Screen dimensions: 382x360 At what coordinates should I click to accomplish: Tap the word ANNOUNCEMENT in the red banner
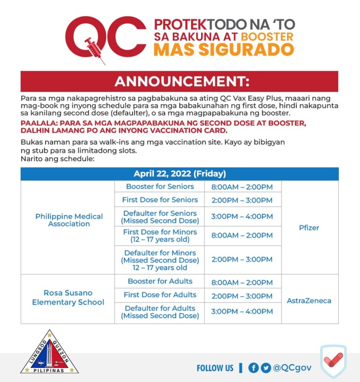(x=182, y=81)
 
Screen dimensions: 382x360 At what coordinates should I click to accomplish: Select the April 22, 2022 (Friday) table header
(x=179, y=174)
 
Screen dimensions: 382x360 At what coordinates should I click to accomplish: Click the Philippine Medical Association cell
(x=69, y=220)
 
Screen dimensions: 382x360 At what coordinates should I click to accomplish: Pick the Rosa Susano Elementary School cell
(x=68, y=297)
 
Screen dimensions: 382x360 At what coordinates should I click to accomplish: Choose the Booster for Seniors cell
(x=160, y=187)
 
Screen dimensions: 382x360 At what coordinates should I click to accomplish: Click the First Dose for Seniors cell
(x=160, y=200)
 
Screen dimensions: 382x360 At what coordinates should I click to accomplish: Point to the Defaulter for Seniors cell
(x=160, y=217)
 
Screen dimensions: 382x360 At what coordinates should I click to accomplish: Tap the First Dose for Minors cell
(x=160, y=235)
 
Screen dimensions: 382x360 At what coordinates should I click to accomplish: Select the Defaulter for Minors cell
(x=160, y=260)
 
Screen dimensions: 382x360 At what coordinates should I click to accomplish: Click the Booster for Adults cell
(x=160, y=281)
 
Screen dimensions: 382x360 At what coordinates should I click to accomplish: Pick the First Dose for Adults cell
(x=160, y=295)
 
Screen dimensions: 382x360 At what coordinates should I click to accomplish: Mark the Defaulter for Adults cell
(x=160, y=312)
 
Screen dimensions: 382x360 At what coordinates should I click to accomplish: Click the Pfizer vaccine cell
(x=309, y=228)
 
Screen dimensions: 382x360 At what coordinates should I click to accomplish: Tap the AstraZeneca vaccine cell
(x=309, y=300)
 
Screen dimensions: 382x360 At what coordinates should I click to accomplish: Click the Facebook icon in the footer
(x=253, y=368)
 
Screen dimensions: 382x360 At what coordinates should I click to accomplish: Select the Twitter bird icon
(x=266, y=368)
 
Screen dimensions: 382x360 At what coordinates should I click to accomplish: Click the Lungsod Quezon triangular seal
(x=50, y=353)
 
